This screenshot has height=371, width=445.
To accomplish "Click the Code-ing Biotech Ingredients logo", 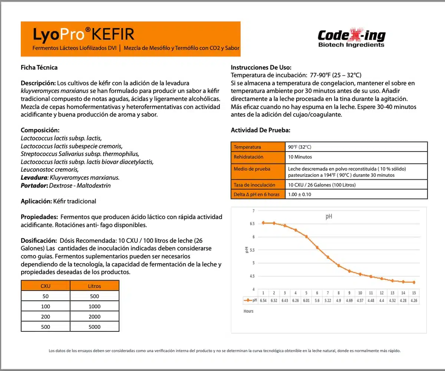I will (x=352, y=39).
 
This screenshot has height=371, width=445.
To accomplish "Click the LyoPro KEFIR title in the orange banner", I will (x=83, y=34).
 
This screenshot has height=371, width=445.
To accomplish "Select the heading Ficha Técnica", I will (x=39, y=67).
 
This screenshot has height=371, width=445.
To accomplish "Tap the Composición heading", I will (x=40, y=130).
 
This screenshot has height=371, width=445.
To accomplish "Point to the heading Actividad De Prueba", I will (x=260, y=130).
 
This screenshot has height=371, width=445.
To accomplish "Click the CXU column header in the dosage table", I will (x=45, y=286).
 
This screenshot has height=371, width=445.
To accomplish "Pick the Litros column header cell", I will (x=94, y=286).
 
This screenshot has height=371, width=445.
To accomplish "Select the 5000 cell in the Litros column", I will (x=94, y=327).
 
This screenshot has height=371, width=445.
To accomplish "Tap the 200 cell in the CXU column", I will (x=45, y=317).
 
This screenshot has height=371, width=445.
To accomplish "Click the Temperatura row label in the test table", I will (x=247, y=147).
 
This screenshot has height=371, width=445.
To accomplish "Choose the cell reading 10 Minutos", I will (x=300, y=157).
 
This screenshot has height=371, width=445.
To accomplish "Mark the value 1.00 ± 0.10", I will (x=300, y=194).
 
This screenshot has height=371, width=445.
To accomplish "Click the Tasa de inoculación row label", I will (x=254, y=185).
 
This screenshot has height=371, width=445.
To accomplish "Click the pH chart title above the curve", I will (x=329, y=217).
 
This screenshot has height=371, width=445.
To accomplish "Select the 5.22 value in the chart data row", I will (x=328, y=300).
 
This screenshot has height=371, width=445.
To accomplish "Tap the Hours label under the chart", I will (x=248, y=311).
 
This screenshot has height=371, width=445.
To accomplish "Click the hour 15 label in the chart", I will (x=414, y=292).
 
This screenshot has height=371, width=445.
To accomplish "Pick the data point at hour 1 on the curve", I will (x=263, y=223).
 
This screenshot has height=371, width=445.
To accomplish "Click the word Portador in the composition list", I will (x=34, y=185).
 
